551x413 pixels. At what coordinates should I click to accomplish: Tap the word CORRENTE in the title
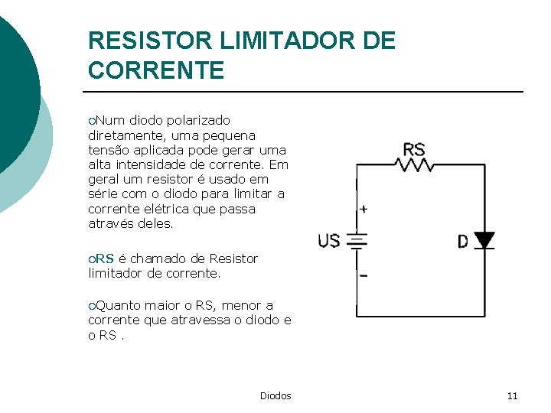pyautogui.click(x=156, y=70)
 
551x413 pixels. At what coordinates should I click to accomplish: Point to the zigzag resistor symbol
pyautogui.click(x=415, y=164)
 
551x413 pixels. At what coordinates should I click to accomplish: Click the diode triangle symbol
pyautogui.click(x=484, y=240)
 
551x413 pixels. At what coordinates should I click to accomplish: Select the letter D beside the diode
pyautogui.click(x=463, y=242)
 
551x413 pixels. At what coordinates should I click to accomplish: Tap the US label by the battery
pyautogui.click(x=329, y=242)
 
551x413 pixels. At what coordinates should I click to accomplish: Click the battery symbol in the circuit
pyautogui.click(x=357, y=242)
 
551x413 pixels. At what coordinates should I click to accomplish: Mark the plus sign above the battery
pyautogui.click(x=363, y=209)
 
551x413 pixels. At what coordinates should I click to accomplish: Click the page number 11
pyautogui.click(x=512, y=395)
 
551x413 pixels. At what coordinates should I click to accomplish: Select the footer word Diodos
pyautogui.click(x=275, y=395)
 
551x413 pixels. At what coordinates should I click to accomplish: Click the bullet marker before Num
pyautogui.click(x=92, y=121)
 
